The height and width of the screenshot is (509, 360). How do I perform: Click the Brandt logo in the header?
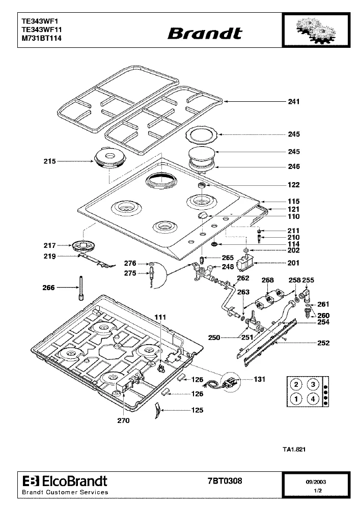click(x=205, y=34)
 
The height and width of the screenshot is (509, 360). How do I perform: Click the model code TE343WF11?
click(x=42, y=30)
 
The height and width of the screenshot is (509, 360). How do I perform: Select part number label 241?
click(x=294, y=102)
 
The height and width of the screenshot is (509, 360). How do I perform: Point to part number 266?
click(x=49, y=288)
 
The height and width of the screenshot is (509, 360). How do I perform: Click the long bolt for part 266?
click(x=81, y=288)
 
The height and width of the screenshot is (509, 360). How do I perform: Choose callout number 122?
click(x=293, y=185)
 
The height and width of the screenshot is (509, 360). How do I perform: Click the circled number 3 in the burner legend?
click(x=313, y=385)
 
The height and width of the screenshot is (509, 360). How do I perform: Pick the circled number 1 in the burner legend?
click(x=296, y=399)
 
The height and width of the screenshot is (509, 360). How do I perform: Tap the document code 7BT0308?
click(x=225, y=481)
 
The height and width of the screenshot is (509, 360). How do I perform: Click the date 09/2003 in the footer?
click(x=316, y=482)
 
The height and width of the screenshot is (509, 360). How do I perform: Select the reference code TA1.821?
click(x=294, y=449)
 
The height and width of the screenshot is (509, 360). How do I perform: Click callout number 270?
click(x=123, y=421)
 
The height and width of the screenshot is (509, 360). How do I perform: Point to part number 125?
click(x=198, y=410)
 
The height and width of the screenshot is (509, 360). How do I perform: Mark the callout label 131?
click(x=260, y=379)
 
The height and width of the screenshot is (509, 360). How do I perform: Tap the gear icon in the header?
click(x=316, y=30)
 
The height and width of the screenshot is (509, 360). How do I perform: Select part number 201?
click(x=293, y=263)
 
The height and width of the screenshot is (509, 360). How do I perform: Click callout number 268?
click(x=268, y=280)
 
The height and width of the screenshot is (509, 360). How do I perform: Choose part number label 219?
click(x=50, y=257)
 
